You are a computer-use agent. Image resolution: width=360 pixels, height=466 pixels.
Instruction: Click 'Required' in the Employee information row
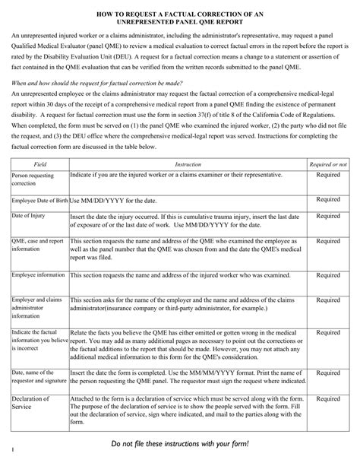click(328, 273)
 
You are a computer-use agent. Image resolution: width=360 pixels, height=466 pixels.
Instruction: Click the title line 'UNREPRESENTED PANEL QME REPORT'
click(179, 24)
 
